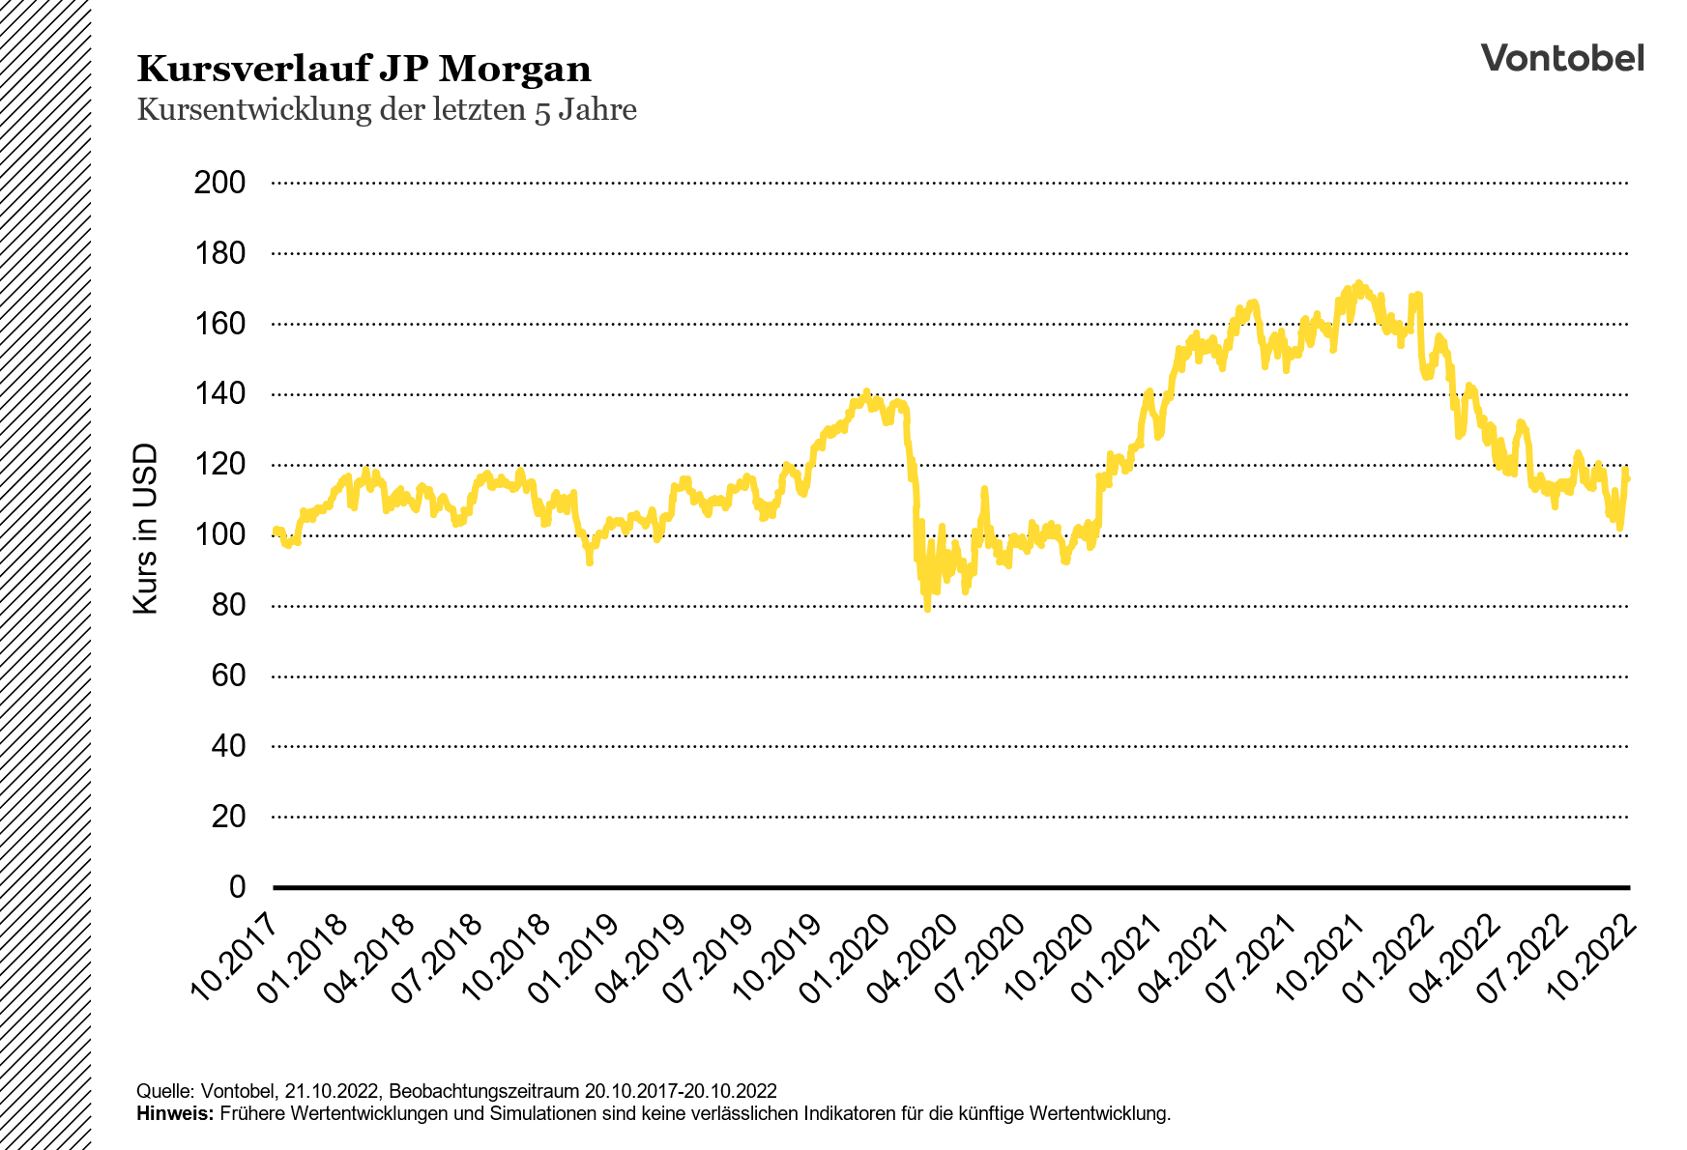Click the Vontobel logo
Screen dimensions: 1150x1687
point(1561,58)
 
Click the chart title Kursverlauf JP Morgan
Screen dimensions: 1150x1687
point(364,70)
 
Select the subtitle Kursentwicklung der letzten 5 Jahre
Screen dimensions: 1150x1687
point(387,109)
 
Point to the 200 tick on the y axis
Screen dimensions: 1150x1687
point(219,183)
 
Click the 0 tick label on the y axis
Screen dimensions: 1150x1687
point(237,887)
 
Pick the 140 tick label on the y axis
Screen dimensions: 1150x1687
point(219,394)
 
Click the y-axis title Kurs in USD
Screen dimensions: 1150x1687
point(145,529)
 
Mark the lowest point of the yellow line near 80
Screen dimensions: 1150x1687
point(927,609)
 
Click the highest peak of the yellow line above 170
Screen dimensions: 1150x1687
point(1358,284)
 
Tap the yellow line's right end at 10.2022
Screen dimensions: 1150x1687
point(1628,479)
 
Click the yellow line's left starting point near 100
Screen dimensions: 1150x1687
point(276,530)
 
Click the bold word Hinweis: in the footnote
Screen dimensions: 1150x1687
point(175,1113)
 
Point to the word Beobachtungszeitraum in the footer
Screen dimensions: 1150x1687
point(483,1091)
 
